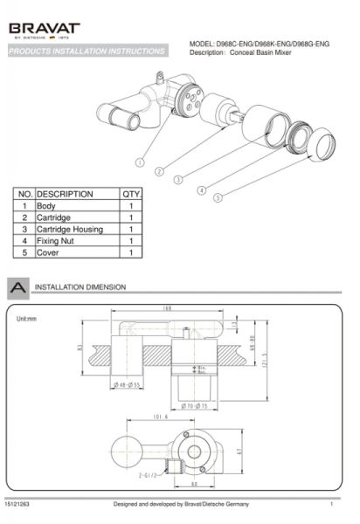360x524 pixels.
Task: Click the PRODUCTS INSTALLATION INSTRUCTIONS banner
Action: pos(87,52)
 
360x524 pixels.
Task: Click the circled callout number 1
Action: pos(140,162)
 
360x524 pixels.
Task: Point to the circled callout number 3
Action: pos(178,180)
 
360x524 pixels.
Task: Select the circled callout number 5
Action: pos(218,198)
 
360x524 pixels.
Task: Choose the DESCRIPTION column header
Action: pos(66,194)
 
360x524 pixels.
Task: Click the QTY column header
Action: pos(130,194)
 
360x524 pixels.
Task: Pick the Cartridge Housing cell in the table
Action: pos(70,229)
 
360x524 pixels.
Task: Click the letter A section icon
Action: pos(17,286)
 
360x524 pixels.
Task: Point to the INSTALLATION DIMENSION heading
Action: pos(80,286)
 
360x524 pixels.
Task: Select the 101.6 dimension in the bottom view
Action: pos(159,417)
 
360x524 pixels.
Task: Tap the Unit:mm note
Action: pos(28,318)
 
